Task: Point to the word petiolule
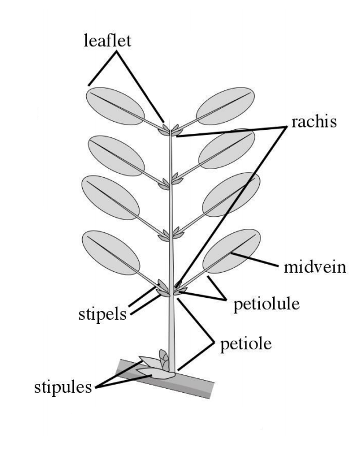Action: (266, 305)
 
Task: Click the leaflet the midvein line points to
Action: (232, 255)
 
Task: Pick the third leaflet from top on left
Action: (112, 196)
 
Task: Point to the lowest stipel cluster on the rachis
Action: (170, 289)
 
